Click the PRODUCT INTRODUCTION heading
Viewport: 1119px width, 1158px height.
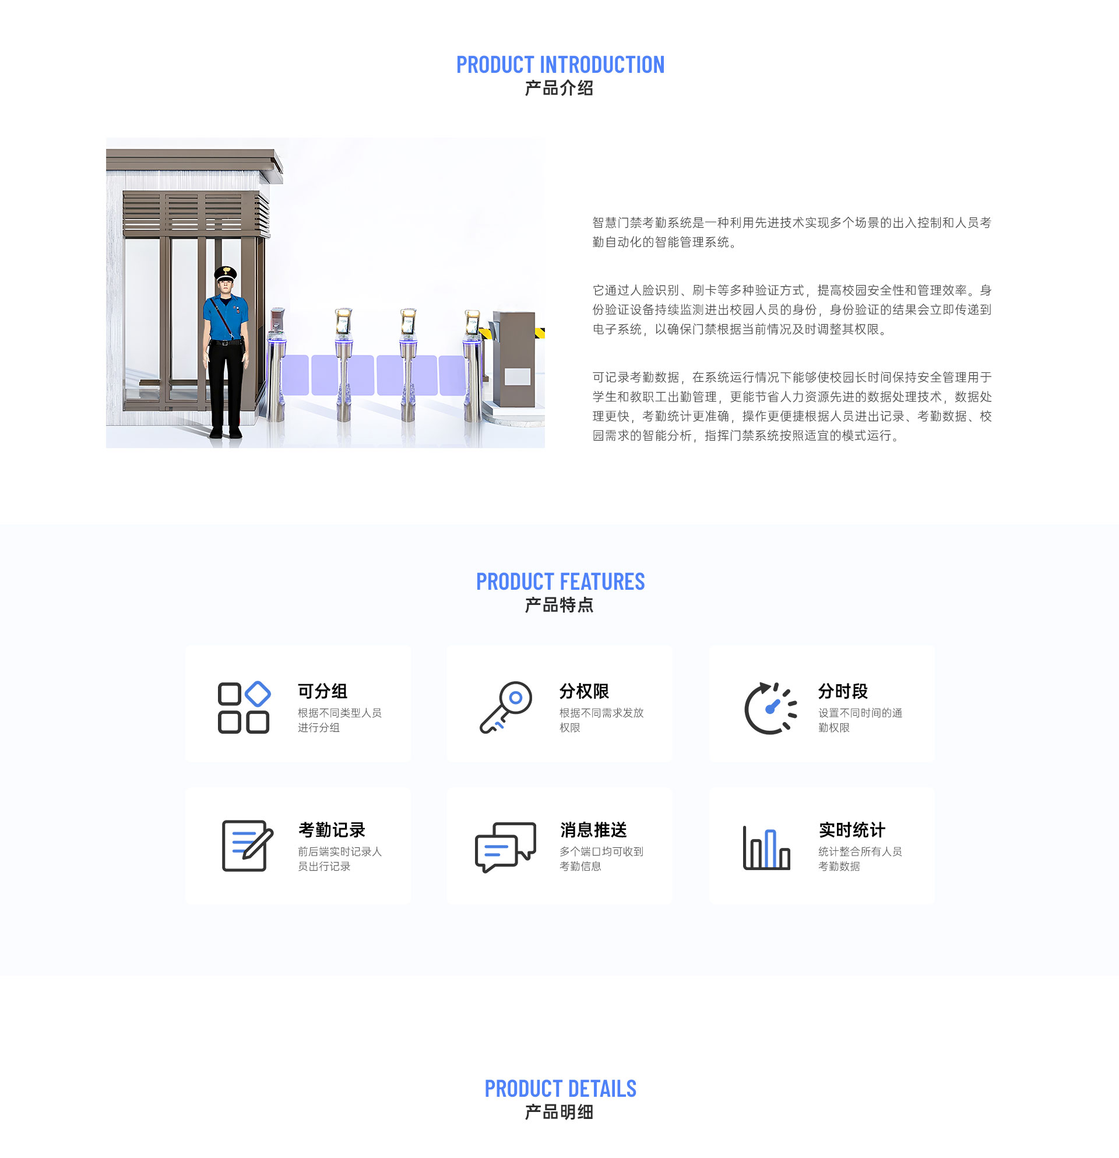tap(559, 65)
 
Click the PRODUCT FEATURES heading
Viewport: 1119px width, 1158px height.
tap(559, 582)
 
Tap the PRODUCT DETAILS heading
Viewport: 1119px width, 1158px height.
tap(559, 1088)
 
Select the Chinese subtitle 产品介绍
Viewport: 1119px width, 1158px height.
tap(559, 89)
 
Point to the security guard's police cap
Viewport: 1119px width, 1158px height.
tap(225, 273)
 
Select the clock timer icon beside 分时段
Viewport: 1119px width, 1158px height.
tap(770, 708)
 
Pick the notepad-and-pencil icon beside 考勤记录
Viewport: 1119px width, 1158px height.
tap(247, 846)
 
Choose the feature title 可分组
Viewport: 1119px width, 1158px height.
tap(322, 691)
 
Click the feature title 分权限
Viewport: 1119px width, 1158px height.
tap(584, 691)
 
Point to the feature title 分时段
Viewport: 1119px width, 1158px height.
tap(843, 691)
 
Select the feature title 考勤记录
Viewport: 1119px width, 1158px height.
tap(332, 829)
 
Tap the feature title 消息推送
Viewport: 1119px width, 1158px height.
tap(593, 829)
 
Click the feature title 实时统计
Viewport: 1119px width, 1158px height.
tap(851, 829)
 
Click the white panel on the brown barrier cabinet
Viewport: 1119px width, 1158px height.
tap(517, 376)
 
